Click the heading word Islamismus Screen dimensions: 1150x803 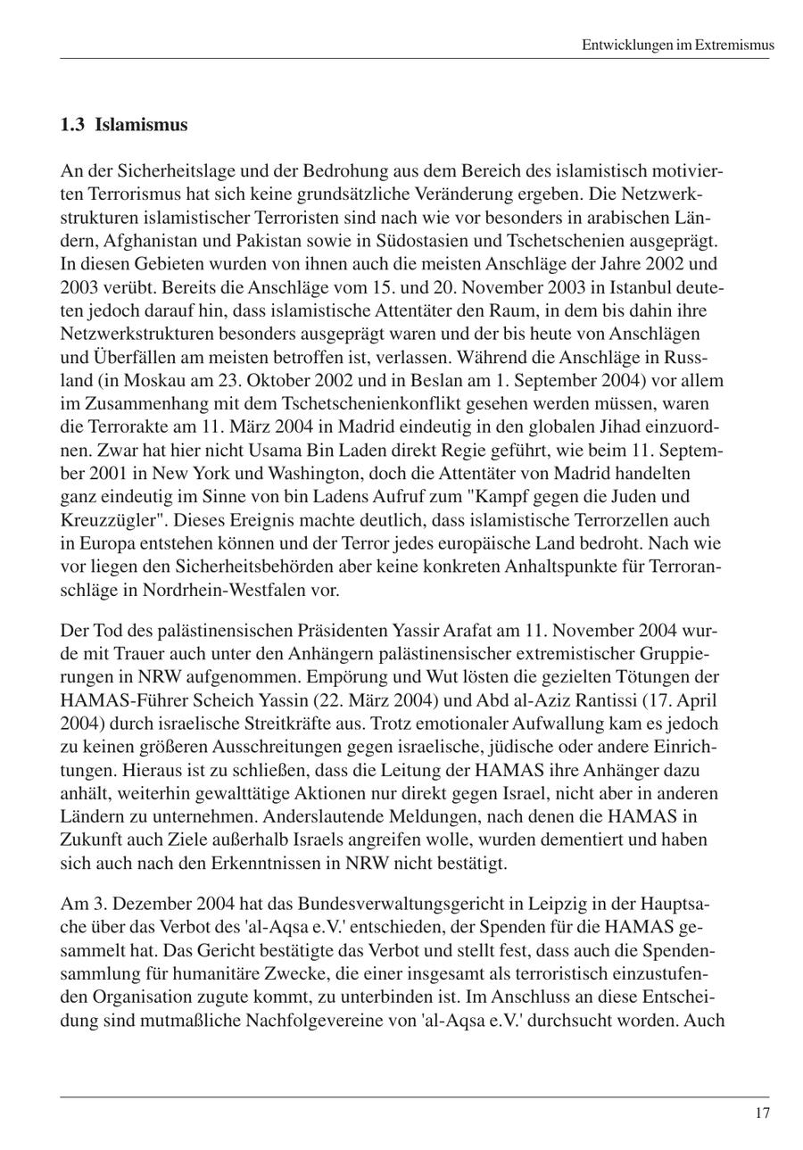[141, 125]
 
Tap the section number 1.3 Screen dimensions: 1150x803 [72, 125]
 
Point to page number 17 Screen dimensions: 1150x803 [761, 1113]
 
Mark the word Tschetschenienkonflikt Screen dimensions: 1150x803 [334, 403]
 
